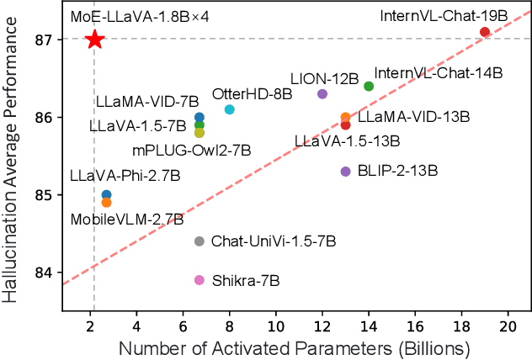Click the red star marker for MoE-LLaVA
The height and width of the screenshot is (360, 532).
pos(95,40)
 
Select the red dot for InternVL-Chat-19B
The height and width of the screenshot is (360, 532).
pos(484,32)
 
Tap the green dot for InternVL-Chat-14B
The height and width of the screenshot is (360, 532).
pos(369,86)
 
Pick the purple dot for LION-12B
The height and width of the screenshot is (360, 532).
pos(322,94)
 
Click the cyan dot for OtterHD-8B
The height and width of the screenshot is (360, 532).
pos(230,109)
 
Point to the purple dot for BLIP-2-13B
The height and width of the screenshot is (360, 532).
pos(345,172)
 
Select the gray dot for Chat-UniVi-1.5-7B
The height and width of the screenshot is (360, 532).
pos(199,241)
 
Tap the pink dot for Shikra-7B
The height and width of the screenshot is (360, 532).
pos(199,280)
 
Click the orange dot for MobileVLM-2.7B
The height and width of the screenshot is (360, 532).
pos(106,203)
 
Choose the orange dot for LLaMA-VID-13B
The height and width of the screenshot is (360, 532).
pos(345,118)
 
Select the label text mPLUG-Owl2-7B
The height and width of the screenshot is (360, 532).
pos(192,151)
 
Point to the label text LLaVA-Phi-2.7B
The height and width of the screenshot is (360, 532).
pos(125,177)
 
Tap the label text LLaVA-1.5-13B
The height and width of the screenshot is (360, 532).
pos(347,141)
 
